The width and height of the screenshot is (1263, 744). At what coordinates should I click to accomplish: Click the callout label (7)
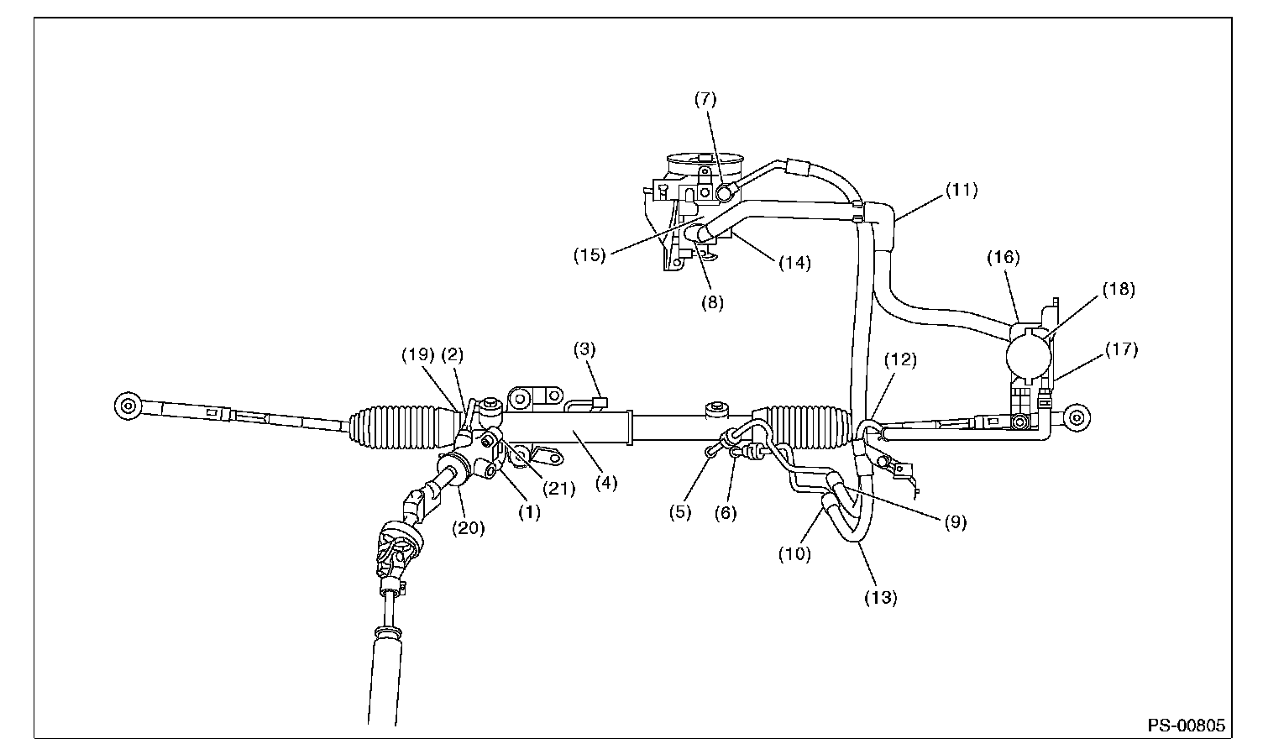tap(705, 98)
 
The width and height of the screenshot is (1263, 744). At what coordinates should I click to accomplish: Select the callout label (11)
tap(962, 190)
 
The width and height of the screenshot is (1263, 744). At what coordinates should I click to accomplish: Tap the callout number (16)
tap(1004, 258)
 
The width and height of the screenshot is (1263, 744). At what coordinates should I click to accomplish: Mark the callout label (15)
tap(590, 254)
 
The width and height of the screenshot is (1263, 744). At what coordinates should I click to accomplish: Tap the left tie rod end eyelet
tap(127, 406)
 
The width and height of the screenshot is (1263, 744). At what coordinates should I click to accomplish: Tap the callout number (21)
tap(558, 488)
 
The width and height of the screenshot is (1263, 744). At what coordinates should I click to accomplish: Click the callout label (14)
tap(794, 263)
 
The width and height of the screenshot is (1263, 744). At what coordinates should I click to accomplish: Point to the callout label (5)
tap(680, 511)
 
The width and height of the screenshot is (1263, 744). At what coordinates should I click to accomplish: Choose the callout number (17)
tap(1121, 349)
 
